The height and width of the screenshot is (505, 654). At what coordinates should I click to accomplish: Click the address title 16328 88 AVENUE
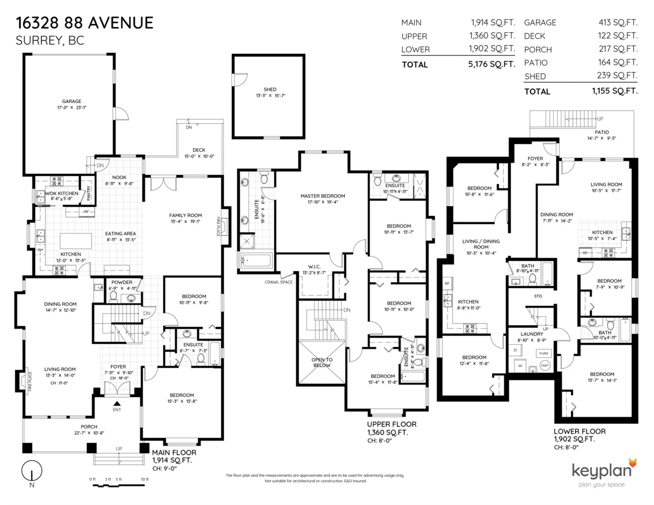(x=84, y=23)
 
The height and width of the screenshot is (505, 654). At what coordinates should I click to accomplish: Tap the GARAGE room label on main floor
(x=71, y=101)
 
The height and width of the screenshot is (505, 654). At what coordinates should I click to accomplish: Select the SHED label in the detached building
(x=270, y=89)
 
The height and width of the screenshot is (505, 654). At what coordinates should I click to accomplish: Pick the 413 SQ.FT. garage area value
(x=617, y=22)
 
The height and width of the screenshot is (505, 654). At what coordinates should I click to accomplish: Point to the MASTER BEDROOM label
(x=323, y=196)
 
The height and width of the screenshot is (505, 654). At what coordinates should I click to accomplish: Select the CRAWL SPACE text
(x=278, y=282)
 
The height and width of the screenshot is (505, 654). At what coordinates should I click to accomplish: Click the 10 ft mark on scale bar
(x=144, y=479)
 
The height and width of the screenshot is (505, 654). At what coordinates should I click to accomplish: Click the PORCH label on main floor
(x=89, y=427)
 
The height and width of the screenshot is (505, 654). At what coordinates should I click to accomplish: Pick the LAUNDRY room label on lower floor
(x=532, y=334)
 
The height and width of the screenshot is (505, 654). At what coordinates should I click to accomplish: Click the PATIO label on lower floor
(x=602, y=132)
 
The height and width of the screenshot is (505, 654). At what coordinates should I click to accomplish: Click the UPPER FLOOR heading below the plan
(x=391, y=424)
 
